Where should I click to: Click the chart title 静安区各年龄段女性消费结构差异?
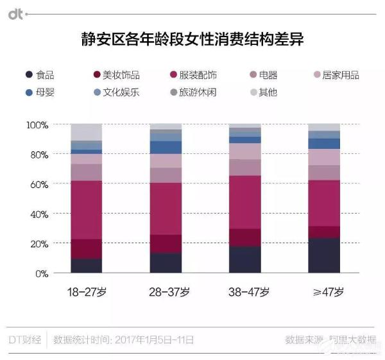click(x=193, y=39)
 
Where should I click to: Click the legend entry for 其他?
click(x=262, y=92)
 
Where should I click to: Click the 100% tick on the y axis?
click(x=36, y=124)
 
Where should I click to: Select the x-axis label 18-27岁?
click(x=87, y=292)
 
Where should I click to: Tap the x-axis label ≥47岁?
click(x=324, y=292)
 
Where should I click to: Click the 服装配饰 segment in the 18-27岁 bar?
click(x=87, y=210)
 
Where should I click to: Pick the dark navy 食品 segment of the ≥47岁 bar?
click(x=324, y=255)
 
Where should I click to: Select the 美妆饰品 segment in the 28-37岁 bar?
click(x=166, y=244)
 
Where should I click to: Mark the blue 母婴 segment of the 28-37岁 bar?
click(x=166, y=147)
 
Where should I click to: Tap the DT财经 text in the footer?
click(x=25, y=339)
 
